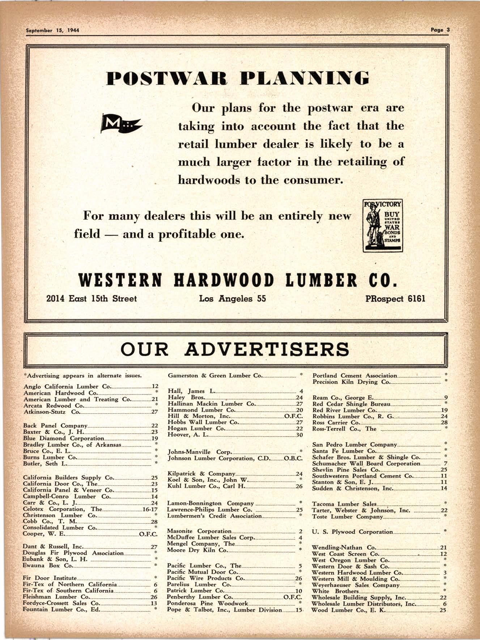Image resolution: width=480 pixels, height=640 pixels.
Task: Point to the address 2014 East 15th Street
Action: click(x=92, y=299)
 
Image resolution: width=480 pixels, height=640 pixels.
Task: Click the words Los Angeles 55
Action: click(x=233, y=299)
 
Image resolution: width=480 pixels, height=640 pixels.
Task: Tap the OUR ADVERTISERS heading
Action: click(x=235, y=349)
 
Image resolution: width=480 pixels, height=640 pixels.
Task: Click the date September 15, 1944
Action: click(x=53, y=30)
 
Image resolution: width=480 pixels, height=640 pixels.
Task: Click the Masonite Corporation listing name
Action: click(x=199, y=531)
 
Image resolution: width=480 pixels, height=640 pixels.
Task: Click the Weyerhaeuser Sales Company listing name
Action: click(x=356, y=585)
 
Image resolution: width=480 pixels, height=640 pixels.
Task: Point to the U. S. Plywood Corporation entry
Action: click(x=352, y=532)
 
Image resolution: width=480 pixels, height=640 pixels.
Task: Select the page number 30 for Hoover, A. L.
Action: click(x=299, y=435)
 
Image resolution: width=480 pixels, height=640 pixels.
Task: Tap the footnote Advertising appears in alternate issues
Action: click(x=82, y=375)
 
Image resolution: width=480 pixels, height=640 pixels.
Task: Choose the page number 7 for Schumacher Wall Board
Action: click(x=446, y=463)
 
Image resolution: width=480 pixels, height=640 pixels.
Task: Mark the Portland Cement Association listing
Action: click(x=354, y=376)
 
